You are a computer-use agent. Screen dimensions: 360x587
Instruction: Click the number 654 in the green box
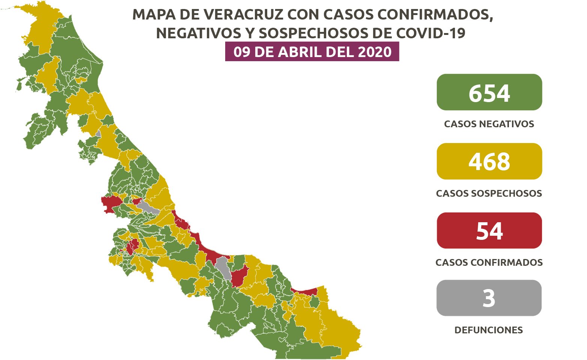489,93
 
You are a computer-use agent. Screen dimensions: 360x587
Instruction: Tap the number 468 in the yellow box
489,162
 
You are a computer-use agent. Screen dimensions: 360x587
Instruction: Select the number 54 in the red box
489,231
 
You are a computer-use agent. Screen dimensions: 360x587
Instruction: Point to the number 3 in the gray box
489,299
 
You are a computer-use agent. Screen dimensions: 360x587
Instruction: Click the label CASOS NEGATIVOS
489,124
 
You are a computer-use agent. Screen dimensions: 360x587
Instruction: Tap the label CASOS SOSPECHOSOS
489,193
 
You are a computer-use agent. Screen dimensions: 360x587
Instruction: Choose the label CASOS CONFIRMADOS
489,262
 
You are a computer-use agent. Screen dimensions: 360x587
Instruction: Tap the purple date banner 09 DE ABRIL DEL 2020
312,52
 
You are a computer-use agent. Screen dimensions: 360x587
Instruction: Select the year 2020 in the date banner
375,52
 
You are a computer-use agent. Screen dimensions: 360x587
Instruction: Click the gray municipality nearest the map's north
98,134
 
